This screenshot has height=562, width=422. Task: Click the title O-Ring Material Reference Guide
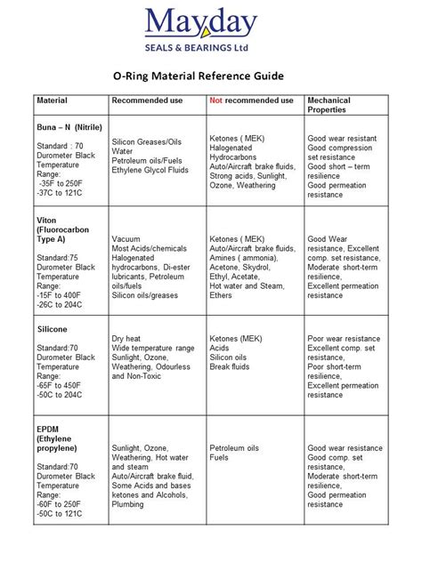pos(210,77)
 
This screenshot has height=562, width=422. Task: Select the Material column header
pos(52,100)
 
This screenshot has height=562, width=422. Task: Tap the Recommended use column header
pos(147,100)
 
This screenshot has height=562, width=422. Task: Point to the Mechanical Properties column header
pos(331,105)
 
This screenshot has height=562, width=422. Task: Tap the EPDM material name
pos(48,429)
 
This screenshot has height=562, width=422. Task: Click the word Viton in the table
pos(47,220)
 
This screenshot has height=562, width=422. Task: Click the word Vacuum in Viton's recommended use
pos(126,239)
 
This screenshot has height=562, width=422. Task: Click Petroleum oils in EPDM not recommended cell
pos(234,448)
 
